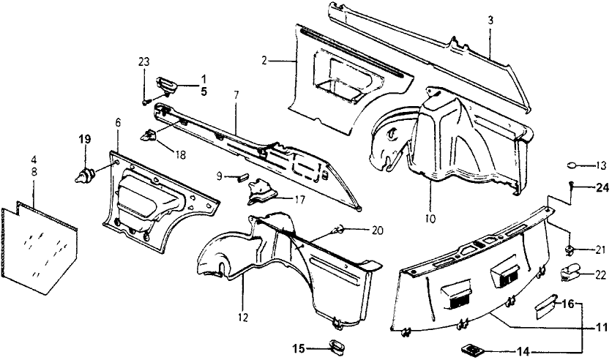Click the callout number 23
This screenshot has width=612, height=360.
click(x=143, y=61)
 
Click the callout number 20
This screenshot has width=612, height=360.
click(x=377, y=230)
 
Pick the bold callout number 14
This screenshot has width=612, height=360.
click(x=521, y=352)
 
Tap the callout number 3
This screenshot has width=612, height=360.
click(x=490, y=20)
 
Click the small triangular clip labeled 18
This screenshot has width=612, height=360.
click(x=151, y=135)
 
